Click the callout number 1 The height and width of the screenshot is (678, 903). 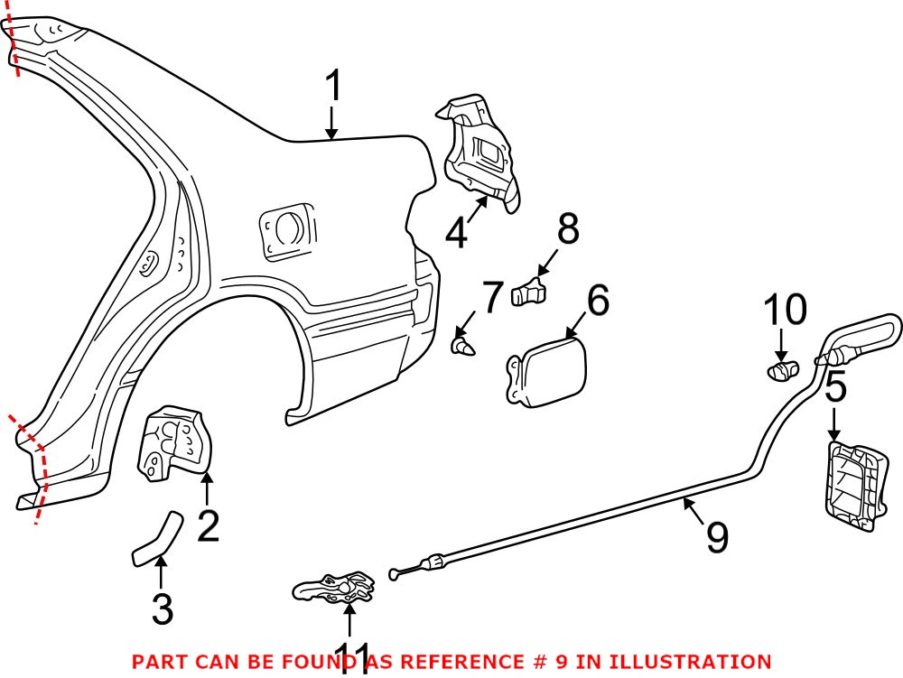click(x=333, y=88)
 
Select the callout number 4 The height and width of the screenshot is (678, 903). click(x=457, y=233)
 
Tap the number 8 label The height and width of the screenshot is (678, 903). click(x=568, y=230)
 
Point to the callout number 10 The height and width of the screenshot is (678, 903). click(x=785, y=311)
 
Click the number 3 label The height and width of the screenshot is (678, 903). click(x=163, y=609)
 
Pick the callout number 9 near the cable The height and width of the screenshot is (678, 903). click(x=716, y=537)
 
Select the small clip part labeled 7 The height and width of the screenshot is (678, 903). click(x=463, y=345)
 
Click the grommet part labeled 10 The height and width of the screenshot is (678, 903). click(x=782, y=368)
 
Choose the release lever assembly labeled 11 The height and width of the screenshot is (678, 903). click(x=337, y=589)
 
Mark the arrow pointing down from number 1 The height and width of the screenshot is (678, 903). click(x=332, y=123)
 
